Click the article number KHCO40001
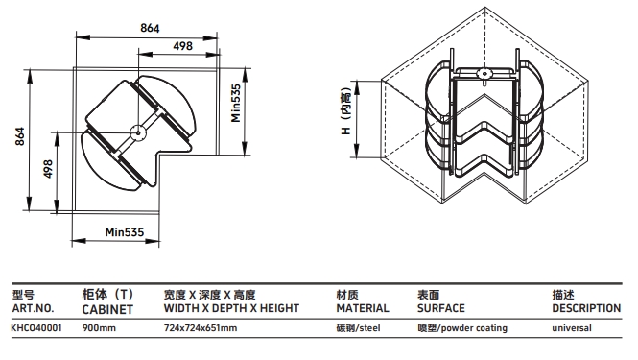36,327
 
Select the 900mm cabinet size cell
99,327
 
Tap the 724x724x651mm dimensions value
201,327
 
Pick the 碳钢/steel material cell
358,327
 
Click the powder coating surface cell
462,327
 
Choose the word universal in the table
572,327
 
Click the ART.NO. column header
33,308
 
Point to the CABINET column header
107,309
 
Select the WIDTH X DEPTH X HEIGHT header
231,308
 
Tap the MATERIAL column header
363,308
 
